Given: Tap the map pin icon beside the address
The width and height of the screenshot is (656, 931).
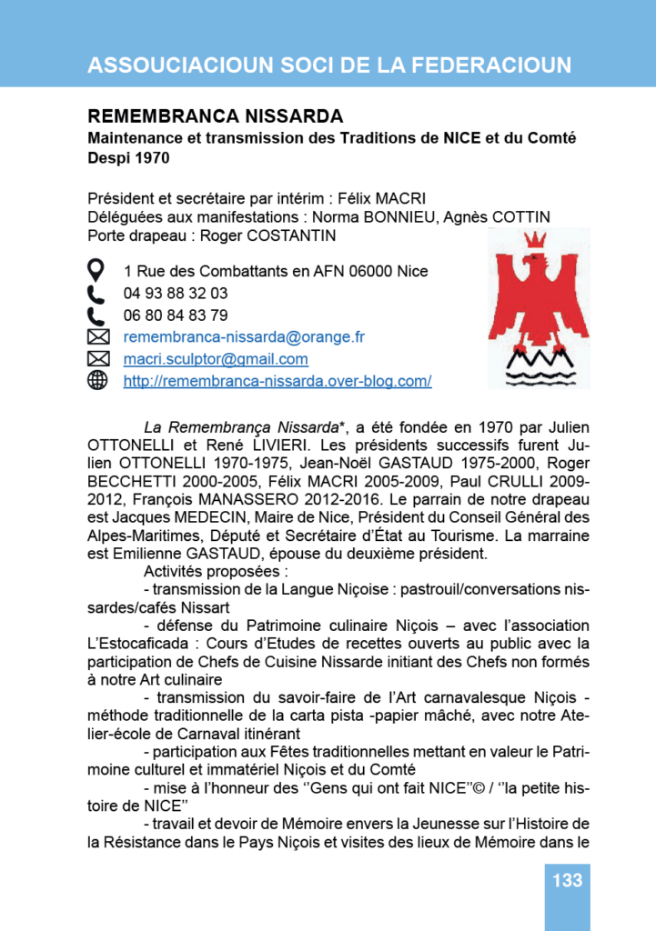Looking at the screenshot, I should click(96, 270).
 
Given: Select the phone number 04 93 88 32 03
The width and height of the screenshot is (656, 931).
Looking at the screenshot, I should click(176, 294).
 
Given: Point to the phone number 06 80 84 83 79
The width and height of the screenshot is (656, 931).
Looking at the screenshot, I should click(176, 315).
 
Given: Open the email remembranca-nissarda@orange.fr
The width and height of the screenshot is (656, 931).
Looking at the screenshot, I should click(244, 337).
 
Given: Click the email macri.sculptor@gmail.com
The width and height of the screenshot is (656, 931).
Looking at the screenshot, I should click(216, 359).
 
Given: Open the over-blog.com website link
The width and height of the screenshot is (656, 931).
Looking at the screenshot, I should click(278, 381).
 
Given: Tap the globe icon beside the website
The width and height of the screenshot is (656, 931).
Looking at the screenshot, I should click(96, 381).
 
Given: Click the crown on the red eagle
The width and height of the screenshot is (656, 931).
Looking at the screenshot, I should click(537, 243).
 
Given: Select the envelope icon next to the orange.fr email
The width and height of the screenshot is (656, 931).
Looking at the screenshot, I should click(96, 337).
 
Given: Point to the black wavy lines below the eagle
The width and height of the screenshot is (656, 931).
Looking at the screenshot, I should click(537, 366).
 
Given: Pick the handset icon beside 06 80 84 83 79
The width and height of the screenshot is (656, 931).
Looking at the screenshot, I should click(96, 315).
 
